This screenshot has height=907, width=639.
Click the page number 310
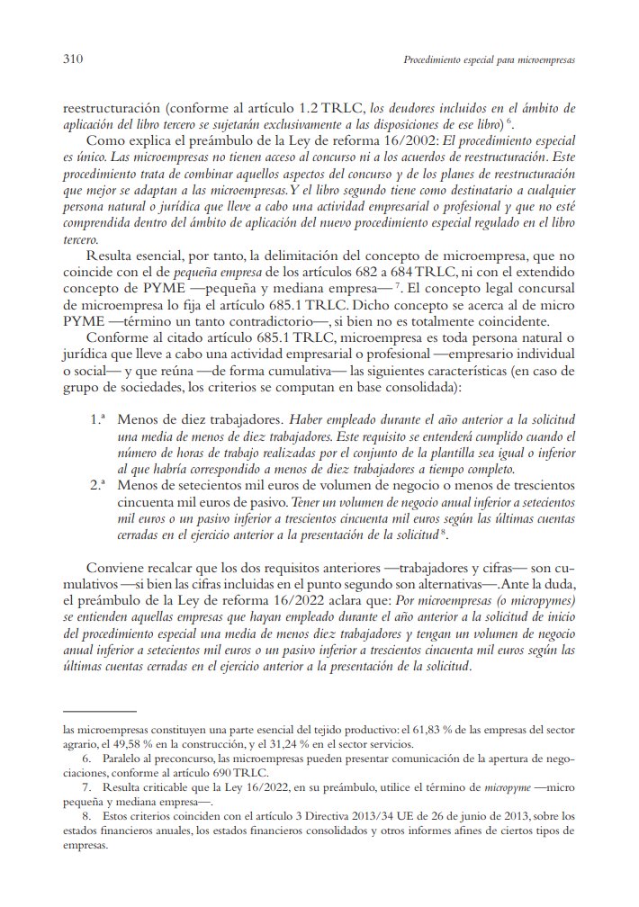(74, 60)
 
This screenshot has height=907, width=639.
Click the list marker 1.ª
(99, 420)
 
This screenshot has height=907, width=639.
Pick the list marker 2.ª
(99, 485)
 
